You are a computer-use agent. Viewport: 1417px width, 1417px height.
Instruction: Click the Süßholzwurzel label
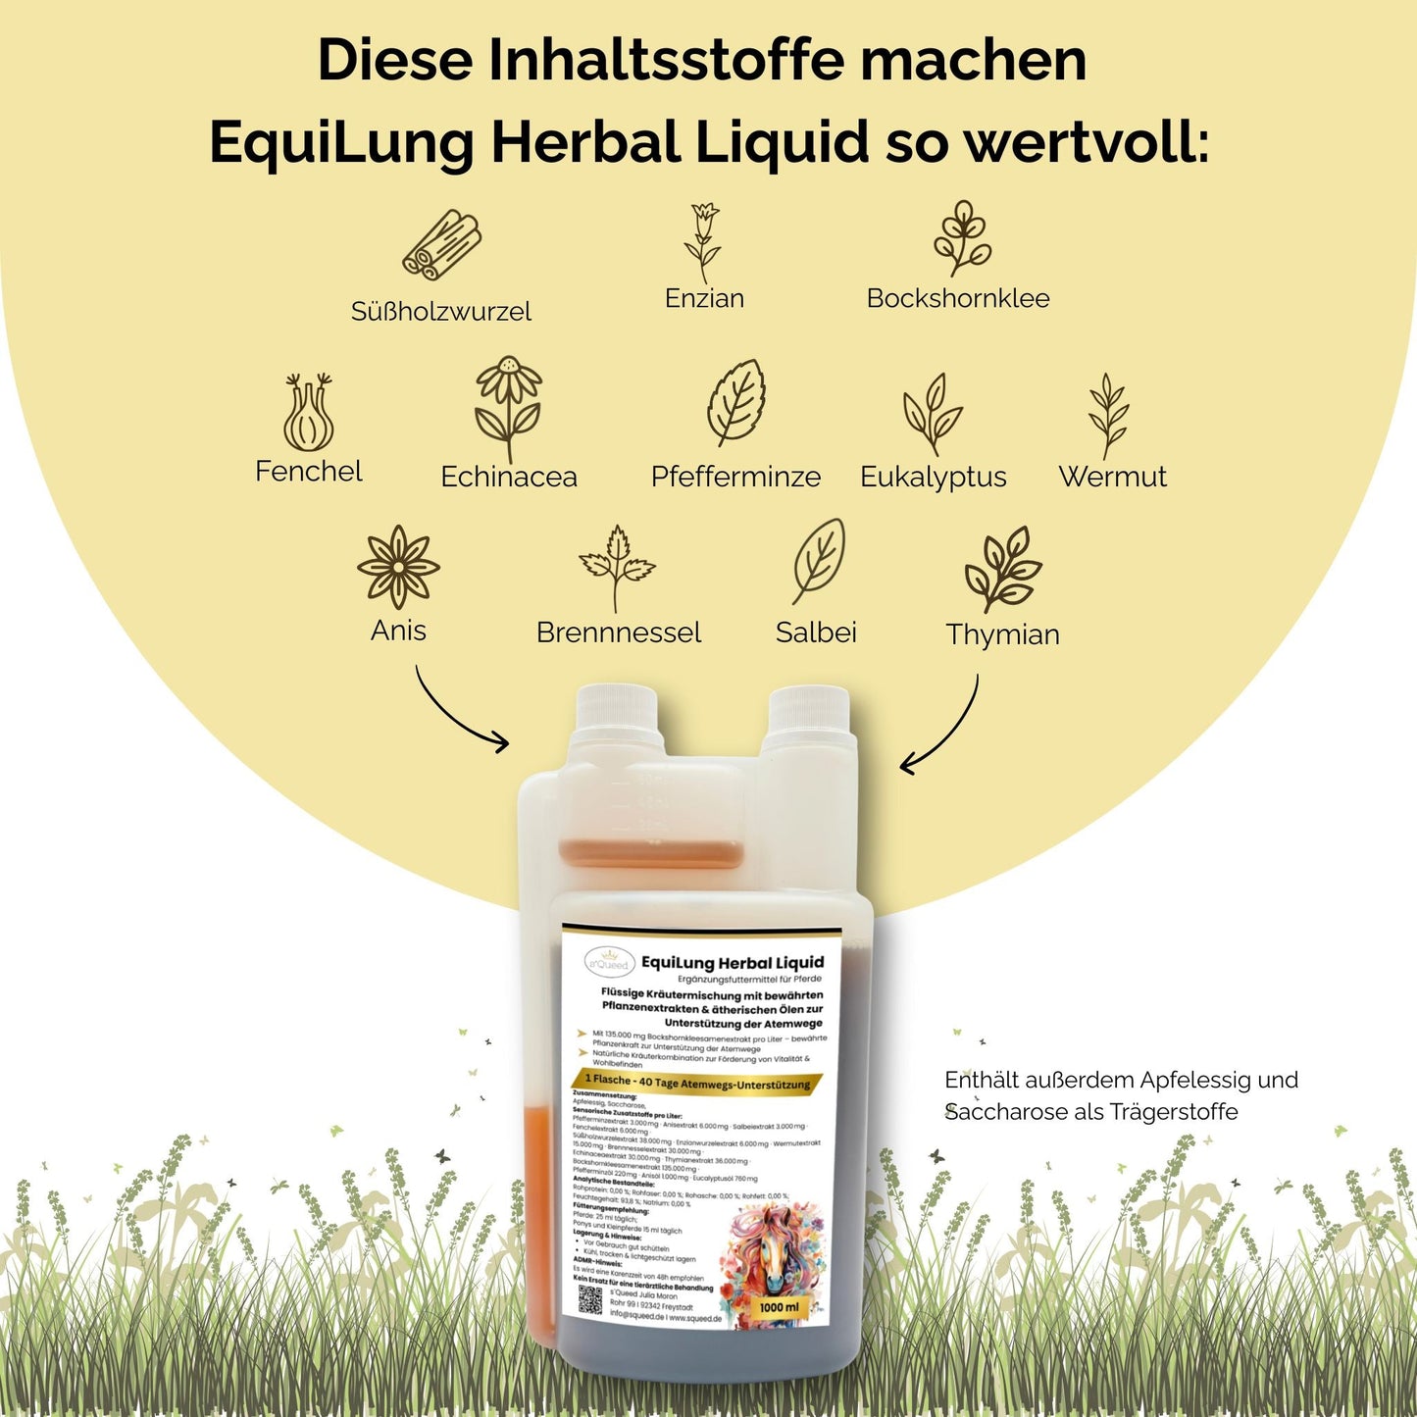point(440,312)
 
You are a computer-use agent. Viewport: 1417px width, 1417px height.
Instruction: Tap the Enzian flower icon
point(703,242)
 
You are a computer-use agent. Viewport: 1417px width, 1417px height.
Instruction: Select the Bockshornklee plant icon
point(961,238)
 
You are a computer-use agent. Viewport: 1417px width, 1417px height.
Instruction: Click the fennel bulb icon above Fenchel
point(308,413)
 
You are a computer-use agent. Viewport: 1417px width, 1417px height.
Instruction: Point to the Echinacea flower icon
point(507,408)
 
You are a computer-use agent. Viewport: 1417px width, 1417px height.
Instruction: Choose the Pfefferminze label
point(735,477)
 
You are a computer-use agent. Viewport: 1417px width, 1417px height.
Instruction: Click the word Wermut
point(1112,477)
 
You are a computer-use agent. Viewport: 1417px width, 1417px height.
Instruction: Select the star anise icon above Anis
point(397,567)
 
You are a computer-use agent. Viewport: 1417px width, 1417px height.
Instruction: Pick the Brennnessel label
point(618,633)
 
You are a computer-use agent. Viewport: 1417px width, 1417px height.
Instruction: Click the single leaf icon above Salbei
point(818,562)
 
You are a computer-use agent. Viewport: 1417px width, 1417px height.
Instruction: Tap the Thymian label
point(1002,634)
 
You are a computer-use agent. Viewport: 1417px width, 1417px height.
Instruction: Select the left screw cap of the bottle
point(615,720)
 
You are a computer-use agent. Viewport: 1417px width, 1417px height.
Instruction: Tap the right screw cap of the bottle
point(808,720)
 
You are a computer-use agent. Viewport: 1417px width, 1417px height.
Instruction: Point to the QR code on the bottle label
point(589,1299)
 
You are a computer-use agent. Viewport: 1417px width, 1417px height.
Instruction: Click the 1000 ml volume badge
point(779,1307)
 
